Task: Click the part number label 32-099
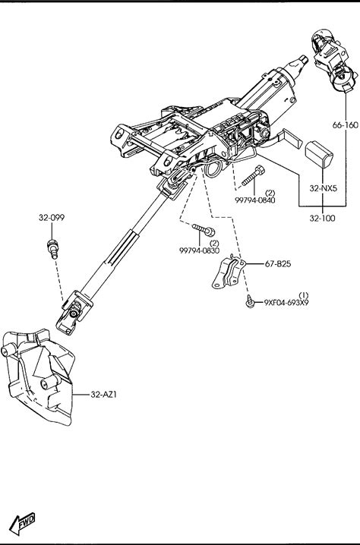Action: [52, 218]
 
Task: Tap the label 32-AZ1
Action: [103, 395]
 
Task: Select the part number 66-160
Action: [345, 125]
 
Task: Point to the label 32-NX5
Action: [323, 188]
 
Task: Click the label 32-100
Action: [323, 219]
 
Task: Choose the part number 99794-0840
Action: [255, 200]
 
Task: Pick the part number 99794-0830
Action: [199, 250]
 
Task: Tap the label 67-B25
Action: [278, 264]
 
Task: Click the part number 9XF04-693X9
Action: [286, 303]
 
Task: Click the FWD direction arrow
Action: [22, 523]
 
